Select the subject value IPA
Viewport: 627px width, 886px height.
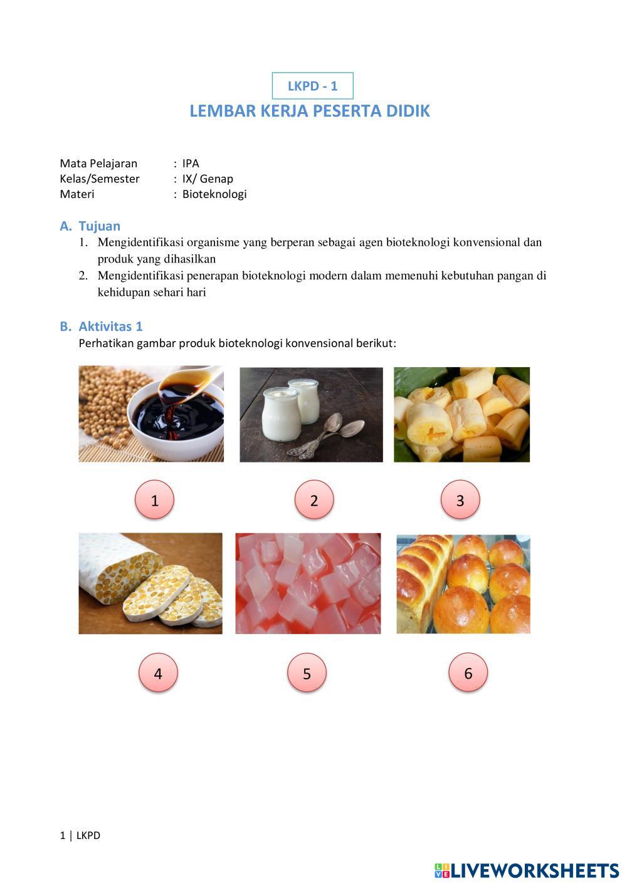191,164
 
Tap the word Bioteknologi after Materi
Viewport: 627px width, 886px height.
214,194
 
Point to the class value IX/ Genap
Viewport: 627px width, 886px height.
208,179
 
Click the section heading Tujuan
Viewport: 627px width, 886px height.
99,226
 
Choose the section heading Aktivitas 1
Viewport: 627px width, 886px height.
110,326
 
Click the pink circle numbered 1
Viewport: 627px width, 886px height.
154,499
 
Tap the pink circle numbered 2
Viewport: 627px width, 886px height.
314,499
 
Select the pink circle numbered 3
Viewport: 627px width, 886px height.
460,499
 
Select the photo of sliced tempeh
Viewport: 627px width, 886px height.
150,583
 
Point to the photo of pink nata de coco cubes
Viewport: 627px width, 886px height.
308,583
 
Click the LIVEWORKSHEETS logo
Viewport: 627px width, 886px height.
527,870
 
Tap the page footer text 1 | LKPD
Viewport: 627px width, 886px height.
80,835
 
